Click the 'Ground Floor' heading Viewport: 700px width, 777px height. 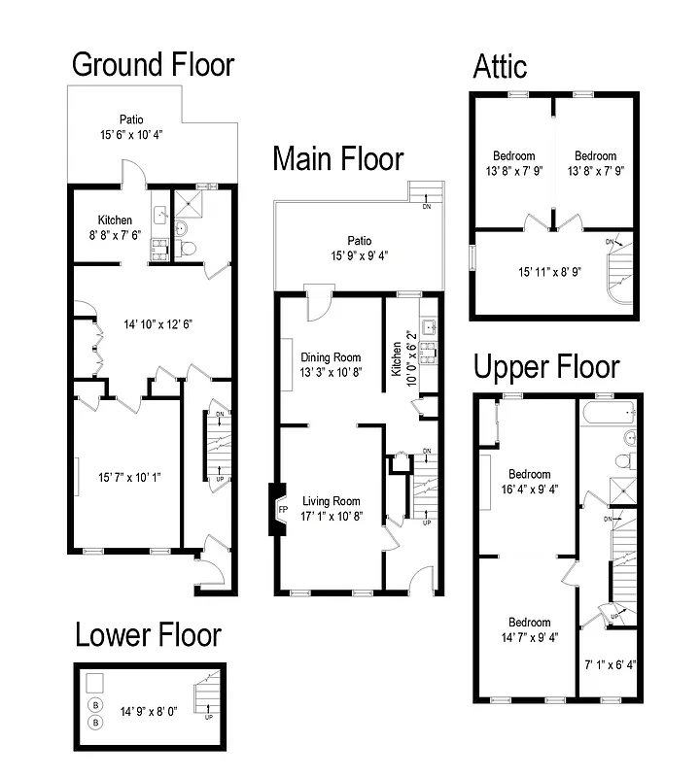154,65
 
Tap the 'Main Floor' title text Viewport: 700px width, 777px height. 337,158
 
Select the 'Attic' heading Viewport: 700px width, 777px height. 500,66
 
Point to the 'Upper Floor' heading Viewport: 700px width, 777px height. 545,368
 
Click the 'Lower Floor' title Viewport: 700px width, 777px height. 148,635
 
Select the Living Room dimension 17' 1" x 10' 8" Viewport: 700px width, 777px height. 330,517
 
